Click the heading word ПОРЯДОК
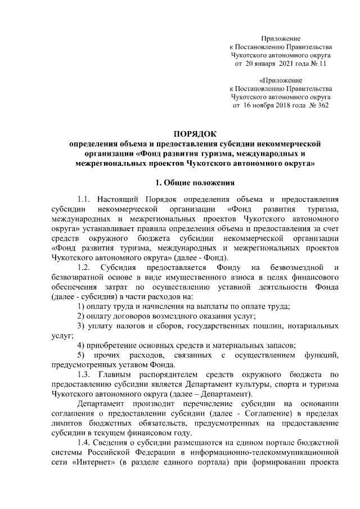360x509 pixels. (194, 133)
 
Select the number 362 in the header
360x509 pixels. (322, 106)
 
